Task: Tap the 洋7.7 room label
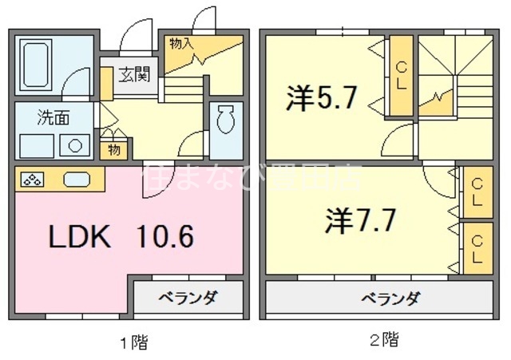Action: (361, 220)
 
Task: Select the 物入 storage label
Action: (181, 43)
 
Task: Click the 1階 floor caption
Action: (133, 342)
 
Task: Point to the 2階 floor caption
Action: (384, 340)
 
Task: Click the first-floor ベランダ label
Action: (187, 299)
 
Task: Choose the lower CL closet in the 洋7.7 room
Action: (475, 246)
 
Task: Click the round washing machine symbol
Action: (75, 146)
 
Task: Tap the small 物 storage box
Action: (114, 148)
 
